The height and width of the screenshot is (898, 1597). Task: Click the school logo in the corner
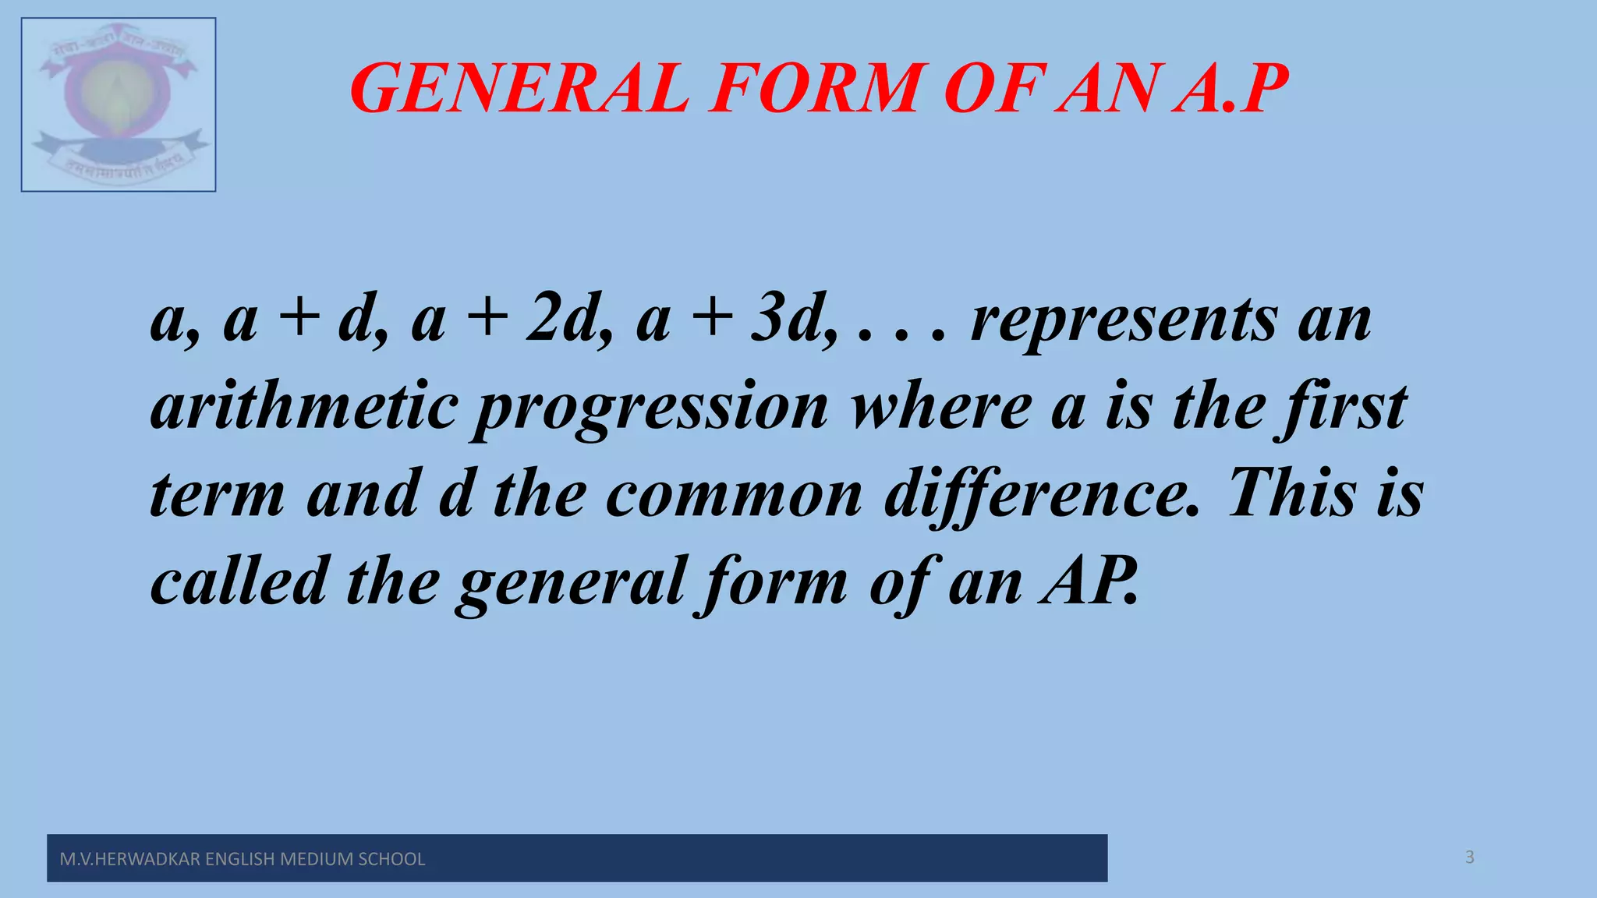pyautogui.click(x=119, y=104)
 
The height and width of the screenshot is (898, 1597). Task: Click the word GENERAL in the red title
pyautogui.click(x=519, y=89)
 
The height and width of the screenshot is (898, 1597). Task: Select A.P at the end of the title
pyautogui.click(x=1232, y=89)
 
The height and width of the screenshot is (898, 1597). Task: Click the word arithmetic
pyautogui.click(x=304, y=407)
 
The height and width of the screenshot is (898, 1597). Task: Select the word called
pyautogui.click(x=239, y=582)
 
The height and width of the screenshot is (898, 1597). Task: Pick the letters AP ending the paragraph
pyautogui.click(x=1089, y=582)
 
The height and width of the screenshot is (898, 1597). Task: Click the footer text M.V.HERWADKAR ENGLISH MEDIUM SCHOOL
pyautogui.click(x=243, y=859)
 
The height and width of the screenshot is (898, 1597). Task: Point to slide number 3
pyautogui.click(x=1470, y=857)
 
